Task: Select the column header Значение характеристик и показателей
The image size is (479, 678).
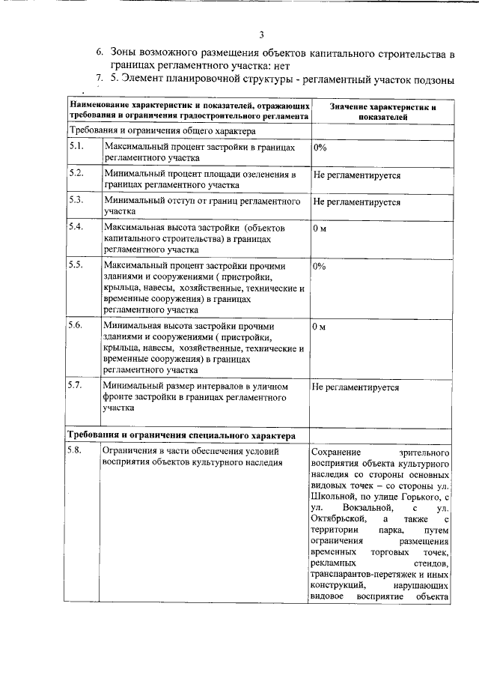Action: [382, 112]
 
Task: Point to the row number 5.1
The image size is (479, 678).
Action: [75, 147]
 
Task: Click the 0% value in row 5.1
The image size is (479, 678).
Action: [320, 148]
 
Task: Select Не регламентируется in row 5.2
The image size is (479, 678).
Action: [356, 175]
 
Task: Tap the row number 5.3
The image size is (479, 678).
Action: [75, 201]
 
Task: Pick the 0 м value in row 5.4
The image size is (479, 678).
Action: [320, 228]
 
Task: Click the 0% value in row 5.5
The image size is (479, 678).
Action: [320, 266]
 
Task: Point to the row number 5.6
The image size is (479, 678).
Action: [75, 326]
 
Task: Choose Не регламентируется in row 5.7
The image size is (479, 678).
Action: [356, 387]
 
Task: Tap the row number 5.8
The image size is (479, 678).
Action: [75, 452]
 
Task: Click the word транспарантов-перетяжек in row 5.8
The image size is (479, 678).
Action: [357, 573]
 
